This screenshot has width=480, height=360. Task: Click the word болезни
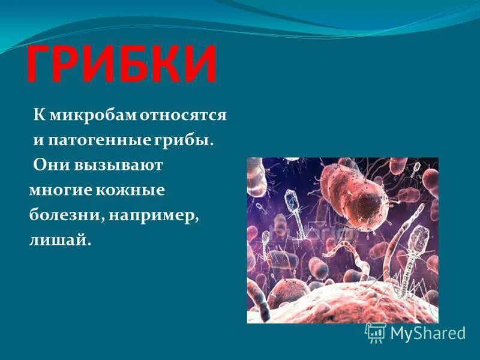click(64, 215)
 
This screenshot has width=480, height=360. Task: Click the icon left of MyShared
click(376, 332)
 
